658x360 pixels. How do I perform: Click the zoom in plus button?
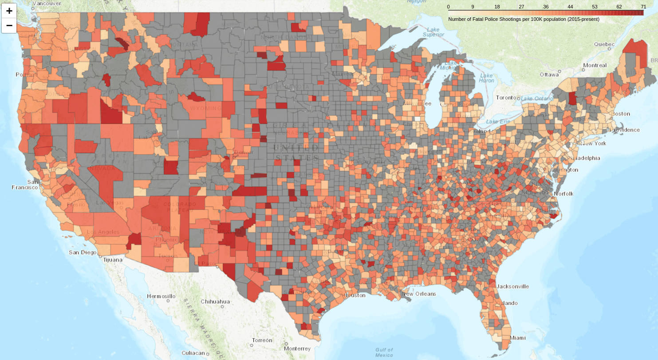click(x=9, y=11)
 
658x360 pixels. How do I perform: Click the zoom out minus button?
click(x=9, y=25)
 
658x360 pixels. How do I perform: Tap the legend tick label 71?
click(x=643, y=7)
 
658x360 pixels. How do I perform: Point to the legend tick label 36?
click(x=546, y=7)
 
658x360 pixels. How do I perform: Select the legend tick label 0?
click(x=449, y=7)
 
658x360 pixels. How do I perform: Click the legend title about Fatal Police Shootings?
click(x=524, y=20)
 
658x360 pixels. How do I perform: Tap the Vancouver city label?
click(x=47, y=3)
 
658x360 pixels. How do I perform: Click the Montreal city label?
click(x=595, y=65)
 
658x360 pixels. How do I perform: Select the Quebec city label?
click(x=604, y=44)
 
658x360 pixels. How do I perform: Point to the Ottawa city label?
click(x=549, y=75)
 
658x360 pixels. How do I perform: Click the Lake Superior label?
click(x=433, y=32)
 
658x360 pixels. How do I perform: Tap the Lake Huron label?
click(x=486, y=78)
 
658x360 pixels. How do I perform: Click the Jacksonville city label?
click(x=512, y=286)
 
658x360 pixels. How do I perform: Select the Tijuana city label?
click(x=112, y=260)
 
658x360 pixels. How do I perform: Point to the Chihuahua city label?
click(x=215, y=301)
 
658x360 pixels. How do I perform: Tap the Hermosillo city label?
click(x=161, y=296)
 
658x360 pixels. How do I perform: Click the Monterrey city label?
click(x=297, y=348)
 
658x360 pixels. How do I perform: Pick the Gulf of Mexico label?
click(x=384, y=352)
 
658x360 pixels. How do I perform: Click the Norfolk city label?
click(x=563, y=194)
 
